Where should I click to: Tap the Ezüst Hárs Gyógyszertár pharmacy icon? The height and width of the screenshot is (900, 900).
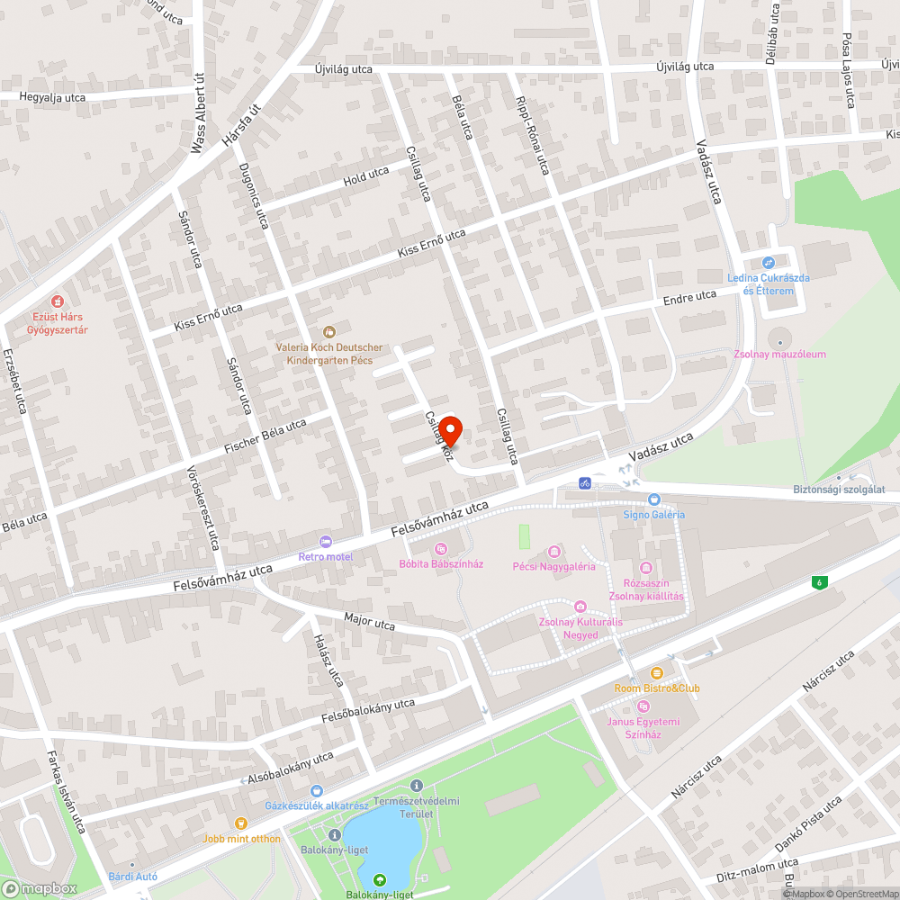click(58, 301)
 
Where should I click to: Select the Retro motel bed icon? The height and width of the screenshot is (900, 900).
click(325, 541)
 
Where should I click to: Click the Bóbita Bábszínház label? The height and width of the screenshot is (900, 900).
click(441, 564)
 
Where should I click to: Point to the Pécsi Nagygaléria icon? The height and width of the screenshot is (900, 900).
click(553, 551)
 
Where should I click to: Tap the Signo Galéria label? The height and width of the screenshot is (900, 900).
click(654, 515)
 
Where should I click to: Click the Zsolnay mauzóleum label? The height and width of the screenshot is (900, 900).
click(779, 355)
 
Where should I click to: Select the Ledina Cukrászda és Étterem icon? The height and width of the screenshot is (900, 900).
click(768, 263)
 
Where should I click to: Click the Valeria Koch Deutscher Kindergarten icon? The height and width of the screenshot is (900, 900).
click(328, 332)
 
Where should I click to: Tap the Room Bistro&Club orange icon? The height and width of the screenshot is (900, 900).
click(657, 673)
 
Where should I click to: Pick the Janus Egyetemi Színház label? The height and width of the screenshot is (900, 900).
click(643, 728)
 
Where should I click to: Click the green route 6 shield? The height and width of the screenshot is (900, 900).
click(820, 582)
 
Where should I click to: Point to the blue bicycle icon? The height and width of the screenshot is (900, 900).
click(585, 483)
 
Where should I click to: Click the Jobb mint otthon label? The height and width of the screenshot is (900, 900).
click(241, 839)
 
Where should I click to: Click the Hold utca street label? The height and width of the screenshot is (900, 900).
click(365, 175)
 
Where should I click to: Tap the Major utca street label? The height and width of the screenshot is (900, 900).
click(369, 622)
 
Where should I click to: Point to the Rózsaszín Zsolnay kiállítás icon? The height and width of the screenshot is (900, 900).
click(645, 568)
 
